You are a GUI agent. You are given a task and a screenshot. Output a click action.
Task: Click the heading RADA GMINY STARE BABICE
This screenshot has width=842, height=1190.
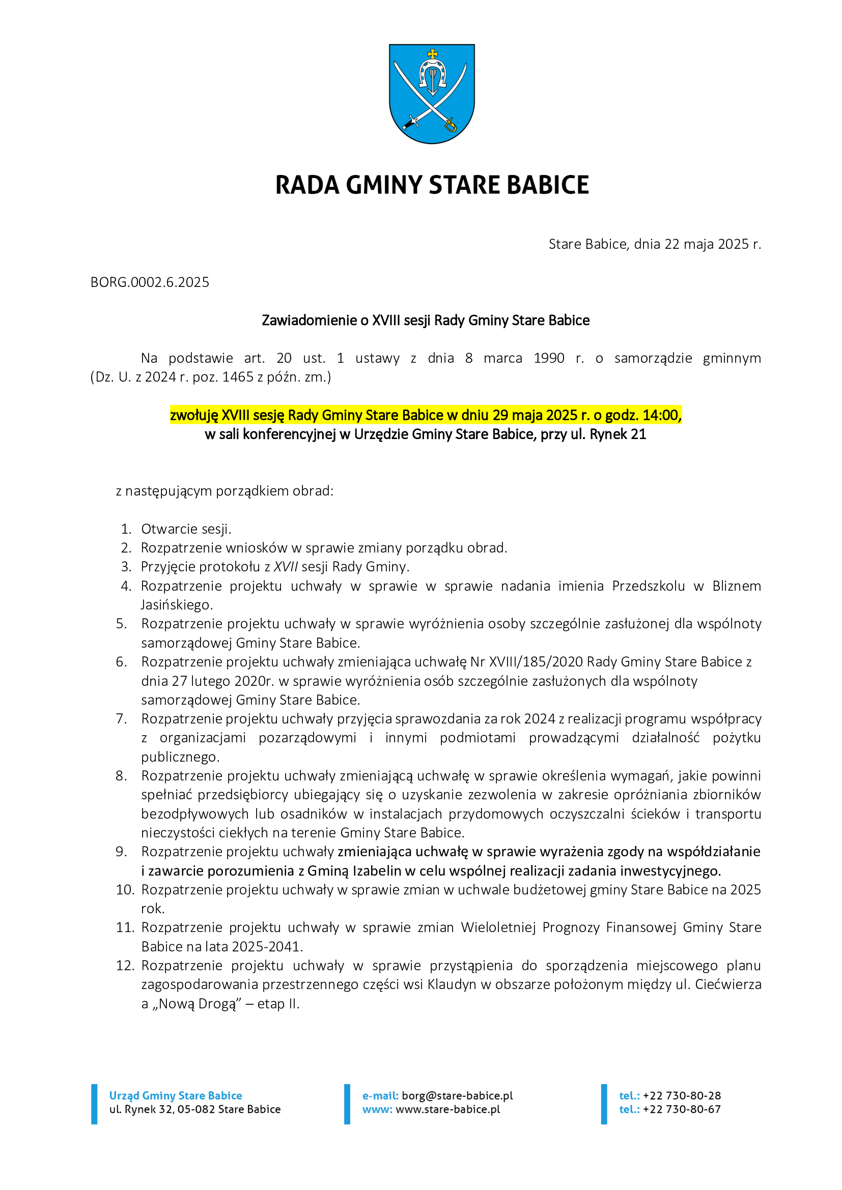(x=432, y=185)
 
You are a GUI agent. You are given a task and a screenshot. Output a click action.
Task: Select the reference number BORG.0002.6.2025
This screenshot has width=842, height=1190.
(x=150, y=282)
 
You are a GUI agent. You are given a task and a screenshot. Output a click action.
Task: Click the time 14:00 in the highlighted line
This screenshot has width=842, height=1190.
(x=661, y=415)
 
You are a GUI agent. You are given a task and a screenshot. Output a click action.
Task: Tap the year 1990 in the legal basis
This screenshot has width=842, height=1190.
(x=549, y=358)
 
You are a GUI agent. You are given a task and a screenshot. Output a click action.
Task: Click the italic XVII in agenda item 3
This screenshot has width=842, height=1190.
(x=286, y=567)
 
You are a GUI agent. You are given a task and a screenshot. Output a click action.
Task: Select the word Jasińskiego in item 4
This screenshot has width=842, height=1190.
(x=176, y=605)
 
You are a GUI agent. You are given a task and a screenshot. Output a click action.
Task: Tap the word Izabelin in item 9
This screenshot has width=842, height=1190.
(x=377, y=870)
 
